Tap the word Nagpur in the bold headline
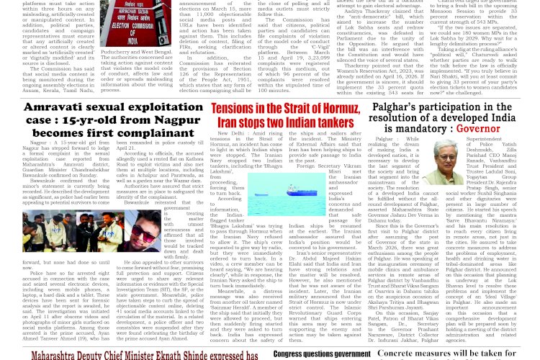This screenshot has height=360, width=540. [x=173, y=121]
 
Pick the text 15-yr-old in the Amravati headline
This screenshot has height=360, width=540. [x=76, y=121]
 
